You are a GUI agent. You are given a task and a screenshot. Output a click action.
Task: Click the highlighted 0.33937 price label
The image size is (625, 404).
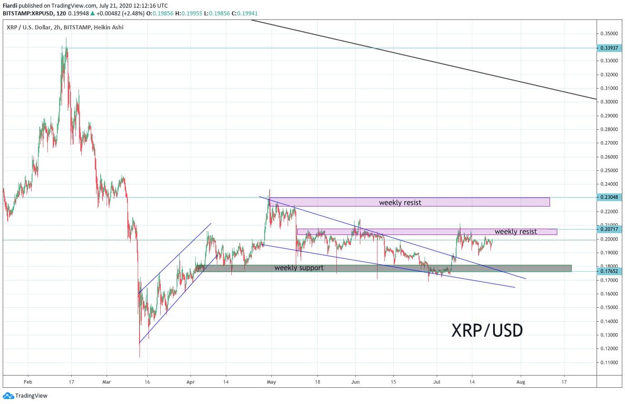point(609,48)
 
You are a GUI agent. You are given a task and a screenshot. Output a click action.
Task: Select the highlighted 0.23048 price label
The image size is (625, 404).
point(609,197)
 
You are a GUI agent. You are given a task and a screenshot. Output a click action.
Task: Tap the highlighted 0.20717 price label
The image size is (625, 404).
point(609,229)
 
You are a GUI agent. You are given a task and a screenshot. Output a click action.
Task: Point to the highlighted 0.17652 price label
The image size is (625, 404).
point(609,271)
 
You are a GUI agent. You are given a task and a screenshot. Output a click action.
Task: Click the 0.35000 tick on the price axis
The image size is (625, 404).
point(609,33)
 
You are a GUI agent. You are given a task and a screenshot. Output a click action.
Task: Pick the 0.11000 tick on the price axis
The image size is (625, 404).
point(609,362)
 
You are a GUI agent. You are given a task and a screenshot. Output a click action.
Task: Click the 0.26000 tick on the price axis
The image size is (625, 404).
point(609,157)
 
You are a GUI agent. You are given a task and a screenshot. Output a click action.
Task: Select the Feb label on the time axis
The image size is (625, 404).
point(28,381)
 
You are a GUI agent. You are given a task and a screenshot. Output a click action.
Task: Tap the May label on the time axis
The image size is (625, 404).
point(271,381)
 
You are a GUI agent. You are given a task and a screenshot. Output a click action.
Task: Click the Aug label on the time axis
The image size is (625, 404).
point(521,381)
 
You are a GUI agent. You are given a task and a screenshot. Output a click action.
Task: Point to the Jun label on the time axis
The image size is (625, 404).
point(355,381)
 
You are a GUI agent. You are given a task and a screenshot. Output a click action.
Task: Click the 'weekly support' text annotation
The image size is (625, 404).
point(299,268)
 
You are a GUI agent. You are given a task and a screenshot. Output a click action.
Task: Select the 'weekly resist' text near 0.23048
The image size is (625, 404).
point(400,202)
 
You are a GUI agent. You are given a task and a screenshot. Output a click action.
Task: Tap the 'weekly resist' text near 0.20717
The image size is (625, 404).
point(515,231)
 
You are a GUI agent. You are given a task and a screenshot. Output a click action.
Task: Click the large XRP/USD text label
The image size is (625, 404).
point(487,330)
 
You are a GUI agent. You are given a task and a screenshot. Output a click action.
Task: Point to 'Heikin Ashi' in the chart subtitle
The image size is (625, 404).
point(108,28)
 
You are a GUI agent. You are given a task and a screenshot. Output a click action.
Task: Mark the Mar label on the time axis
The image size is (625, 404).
point(106,381)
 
